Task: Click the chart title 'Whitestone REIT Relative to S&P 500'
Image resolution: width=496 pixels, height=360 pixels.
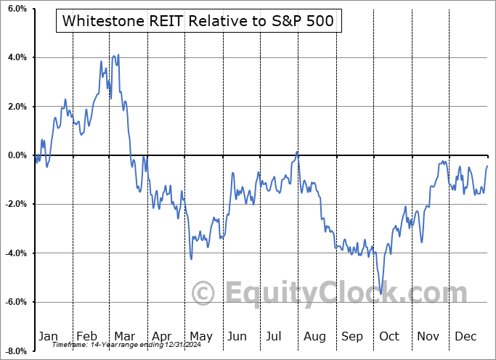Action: (198, 20)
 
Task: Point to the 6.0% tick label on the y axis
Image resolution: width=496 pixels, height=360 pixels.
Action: (17, 9)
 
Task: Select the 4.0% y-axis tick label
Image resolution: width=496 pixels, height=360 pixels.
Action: (17, 57)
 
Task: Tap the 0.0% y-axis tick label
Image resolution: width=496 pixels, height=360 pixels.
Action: (17, 155)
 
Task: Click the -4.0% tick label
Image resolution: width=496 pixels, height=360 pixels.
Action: (15, 253)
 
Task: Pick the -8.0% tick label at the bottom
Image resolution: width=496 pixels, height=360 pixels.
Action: (15, 351)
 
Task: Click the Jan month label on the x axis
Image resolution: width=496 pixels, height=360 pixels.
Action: (48, 336)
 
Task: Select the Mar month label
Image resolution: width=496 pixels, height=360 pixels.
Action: (125, 336)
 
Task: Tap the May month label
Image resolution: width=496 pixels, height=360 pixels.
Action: (200, 336)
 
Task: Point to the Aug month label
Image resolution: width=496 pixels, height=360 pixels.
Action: (314, 336)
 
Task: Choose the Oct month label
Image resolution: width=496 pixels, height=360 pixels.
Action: (389, 336)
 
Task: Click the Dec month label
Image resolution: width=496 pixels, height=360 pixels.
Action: (466, 336)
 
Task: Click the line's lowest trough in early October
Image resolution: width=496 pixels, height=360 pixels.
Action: (383, 294)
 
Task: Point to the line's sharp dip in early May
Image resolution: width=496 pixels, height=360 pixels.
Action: (191, 258)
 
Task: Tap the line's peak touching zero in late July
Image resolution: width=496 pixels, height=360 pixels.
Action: (297, 151)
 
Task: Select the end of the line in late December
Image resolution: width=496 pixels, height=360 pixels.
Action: (487, 166)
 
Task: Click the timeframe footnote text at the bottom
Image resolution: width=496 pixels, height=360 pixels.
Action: (118, 345)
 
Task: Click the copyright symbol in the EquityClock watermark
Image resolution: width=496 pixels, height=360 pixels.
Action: (203, 293)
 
